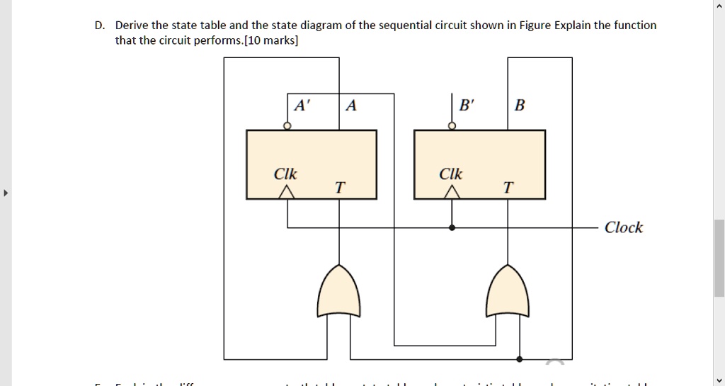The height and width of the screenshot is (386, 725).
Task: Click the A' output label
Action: (x=302, y=106)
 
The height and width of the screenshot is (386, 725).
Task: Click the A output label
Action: (x=351, y=106)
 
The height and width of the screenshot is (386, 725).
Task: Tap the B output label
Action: (x=520, y=106)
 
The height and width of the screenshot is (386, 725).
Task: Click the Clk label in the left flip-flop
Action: (x=286, y=174)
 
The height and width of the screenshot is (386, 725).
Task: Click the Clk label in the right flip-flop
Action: (x=451, y=174)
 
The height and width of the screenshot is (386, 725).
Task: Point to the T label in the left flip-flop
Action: (x=341, y=188)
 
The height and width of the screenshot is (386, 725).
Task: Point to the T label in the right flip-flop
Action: (x=508, y=188)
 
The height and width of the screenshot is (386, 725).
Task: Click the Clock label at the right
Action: (x=624, y=227)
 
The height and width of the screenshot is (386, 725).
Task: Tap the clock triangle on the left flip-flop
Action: (x=287, y=192)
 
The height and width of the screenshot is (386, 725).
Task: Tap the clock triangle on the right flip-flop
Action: (x=452, y=192)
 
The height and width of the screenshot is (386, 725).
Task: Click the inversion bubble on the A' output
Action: (x=287, y=126)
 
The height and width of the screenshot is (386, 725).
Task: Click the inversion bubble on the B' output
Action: (x=453, y=126)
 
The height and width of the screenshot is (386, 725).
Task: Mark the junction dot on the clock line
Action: (x=453, y=228)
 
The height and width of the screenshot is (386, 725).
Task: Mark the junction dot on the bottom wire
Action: (x=521, y=359)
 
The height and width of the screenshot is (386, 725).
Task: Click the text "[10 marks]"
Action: (x=271, y=40)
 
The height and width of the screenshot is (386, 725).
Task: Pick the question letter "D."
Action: (x=100, y=25)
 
